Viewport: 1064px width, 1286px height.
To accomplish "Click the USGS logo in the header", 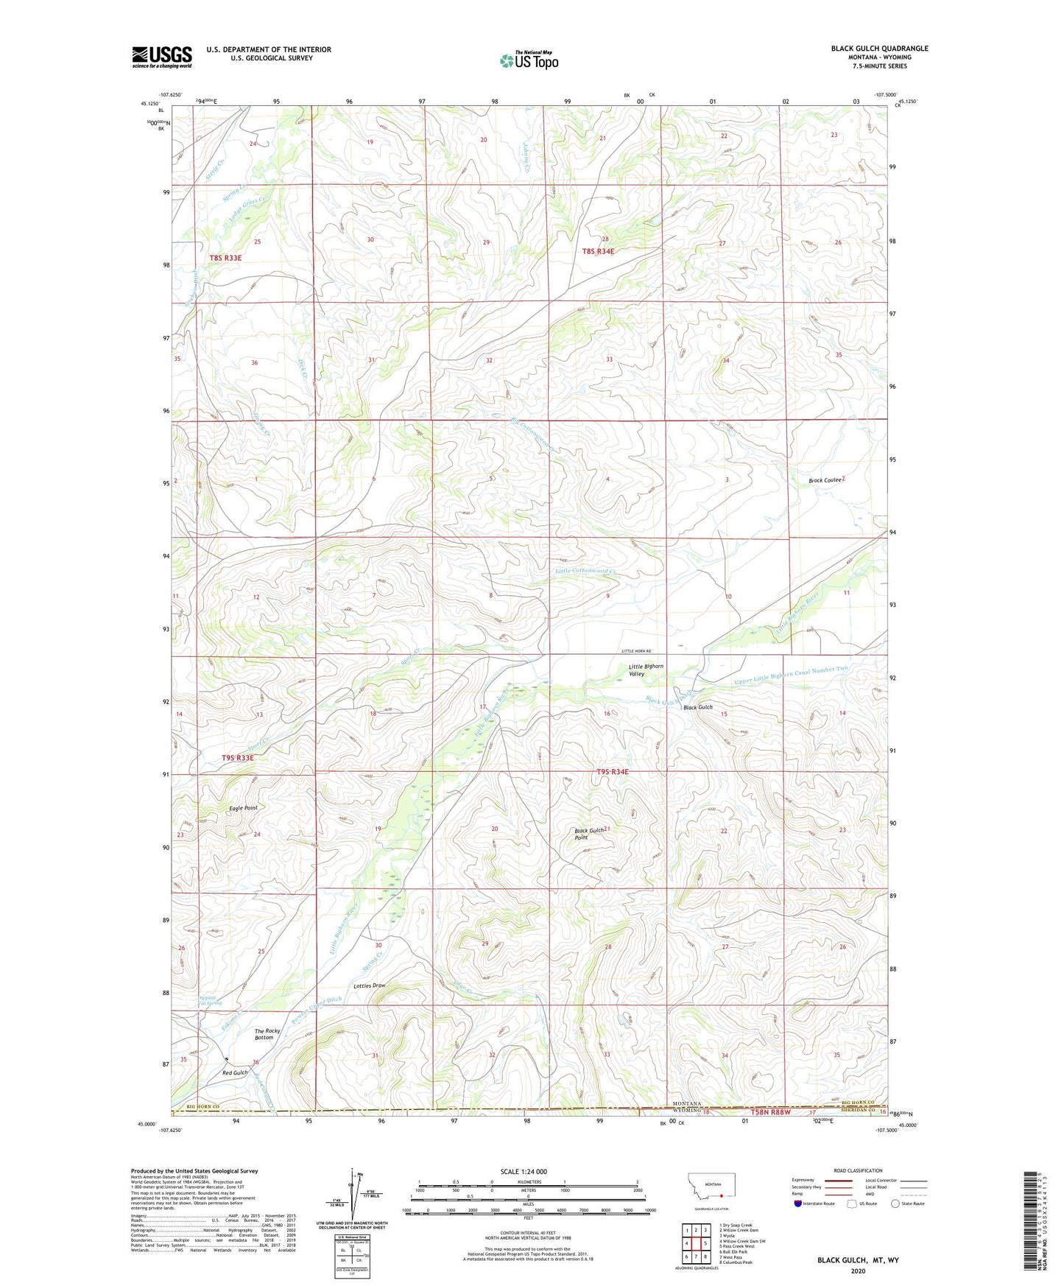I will tap(162, 56).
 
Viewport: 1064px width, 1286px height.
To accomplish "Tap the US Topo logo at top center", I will tap(528, 60).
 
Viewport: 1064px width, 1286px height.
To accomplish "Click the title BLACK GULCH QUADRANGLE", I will tap(879, 49).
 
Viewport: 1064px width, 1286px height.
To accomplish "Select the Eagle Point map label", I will tap(243, 808).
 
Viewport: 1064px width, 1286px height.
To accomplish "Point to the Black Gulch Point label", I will tap(589, 834).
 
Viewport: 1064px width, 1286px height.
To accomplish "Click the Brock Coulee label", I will tap(824, 480).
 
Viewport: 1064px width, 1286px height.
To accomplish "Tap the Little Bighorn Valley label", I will tap(645, 670).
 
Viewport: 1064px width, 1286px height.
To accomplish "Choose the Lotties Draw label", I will tap(369, 985).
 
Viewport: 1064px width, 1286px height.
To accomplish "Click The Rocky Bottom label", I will tap(267, 1034).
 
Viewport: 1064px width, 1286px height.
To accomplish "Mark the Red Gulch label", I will tap(235, 1072).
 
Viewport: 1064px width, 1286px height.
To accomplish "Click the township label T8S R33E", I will tap(225, 258).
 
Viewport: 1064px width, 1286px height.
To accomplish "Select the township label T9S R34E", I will tap(612, 772).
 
